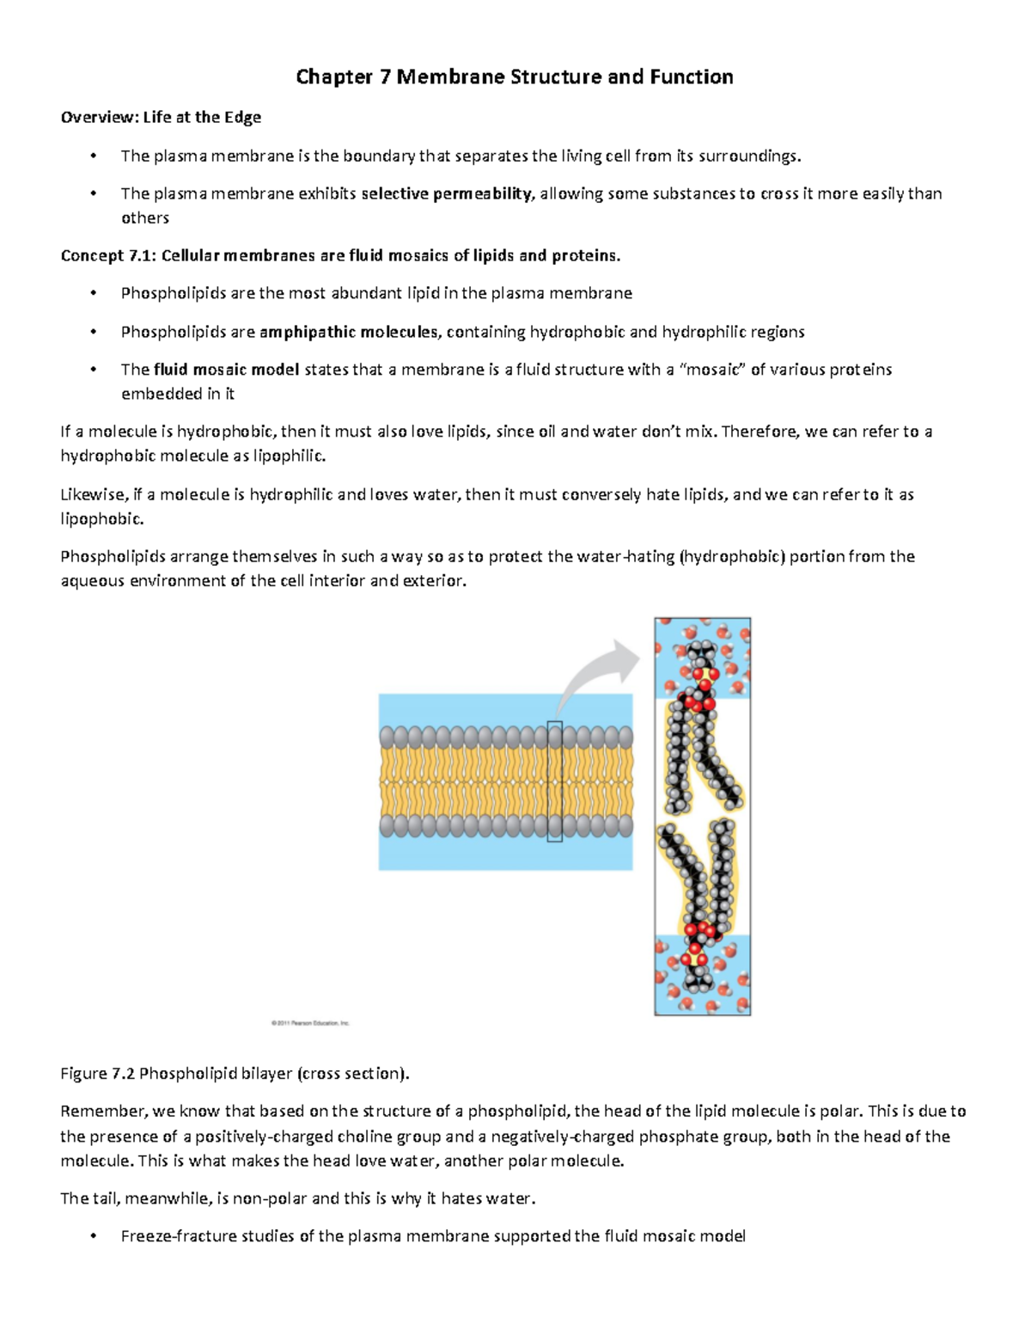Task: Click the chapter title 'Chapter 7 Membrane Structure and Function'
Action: point(514,77)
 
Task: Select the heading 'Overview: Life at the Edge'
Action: point(161,117)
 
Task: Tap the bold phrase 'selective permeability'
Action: point(447,193)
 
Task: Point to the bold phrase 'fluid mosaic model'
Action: point(226,370)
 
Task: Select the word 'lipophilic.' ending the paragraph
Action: point(290,456)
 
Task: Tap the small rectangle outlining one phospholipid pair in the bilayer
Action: point(555,781)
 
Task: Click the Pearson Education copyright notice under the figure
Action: point(310,1023)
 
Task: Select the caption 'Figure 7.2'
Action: point(98,1074)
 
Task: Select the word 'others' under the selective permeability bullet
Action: point(145,218)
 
